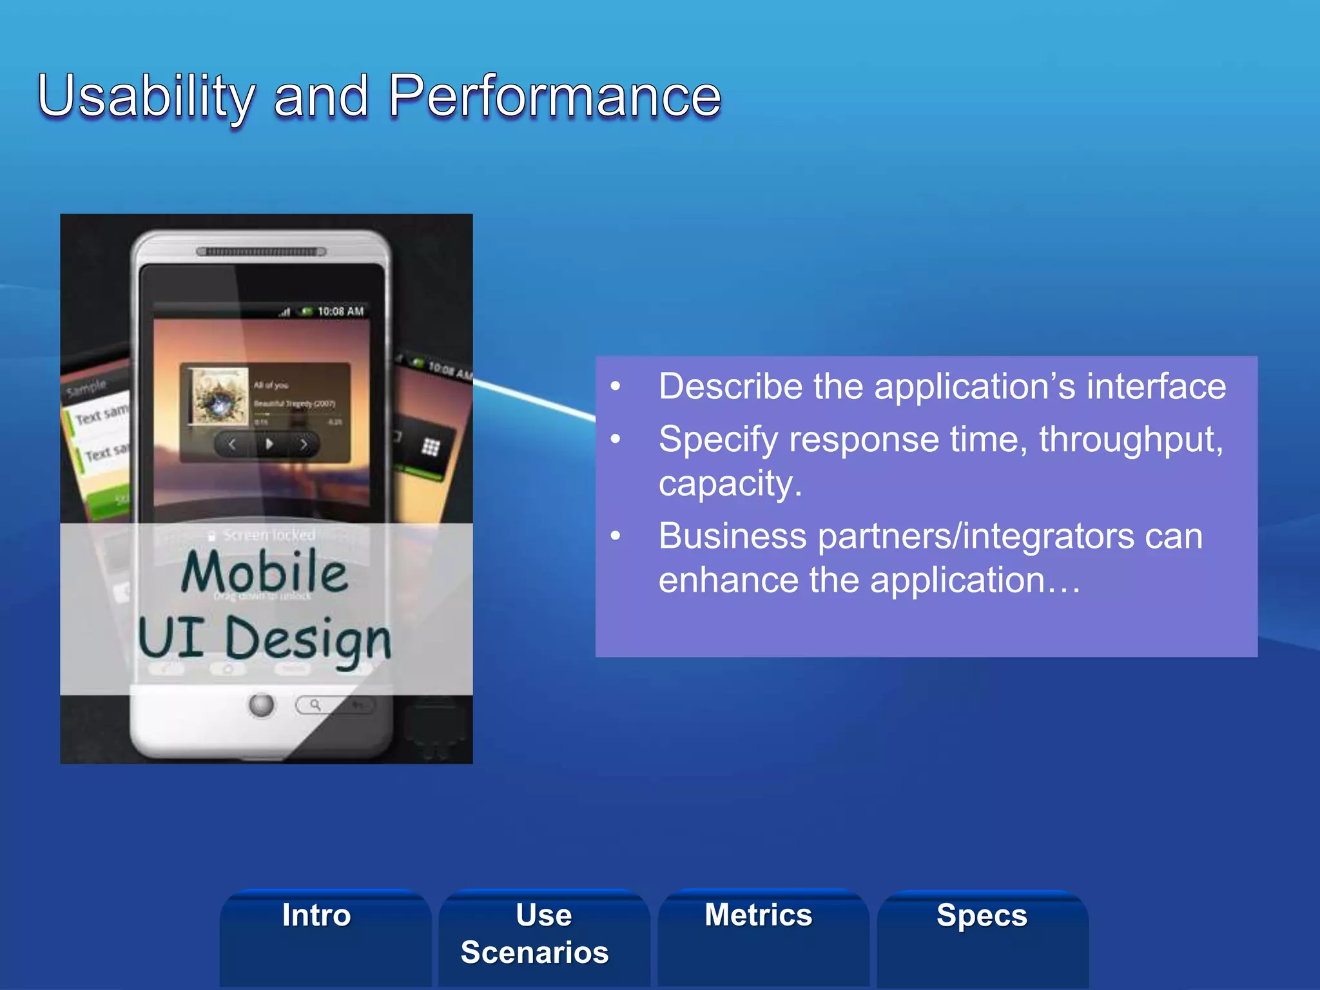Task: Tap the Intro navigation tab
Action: (316, 915)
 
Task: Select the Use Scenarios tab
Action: (535, 933)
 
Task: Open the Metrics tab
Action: (759, 915)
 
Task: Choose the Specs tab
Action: (982, 915)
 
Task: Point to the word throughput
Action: (1131, 440)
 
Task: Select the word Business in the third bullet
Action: (733, 536)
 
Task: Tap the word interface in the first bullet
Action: (1156, 387)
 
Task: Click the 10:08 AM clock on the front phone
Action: (340, 311)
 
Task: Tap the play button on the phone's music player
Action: (269, 443)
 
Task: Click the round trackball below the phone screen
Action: (262, 704)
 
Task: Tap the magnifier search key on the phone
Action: (315, 704)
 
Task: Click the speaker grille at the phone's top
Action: (261, 251)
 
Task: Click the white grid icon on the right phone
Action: (431, 447)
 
